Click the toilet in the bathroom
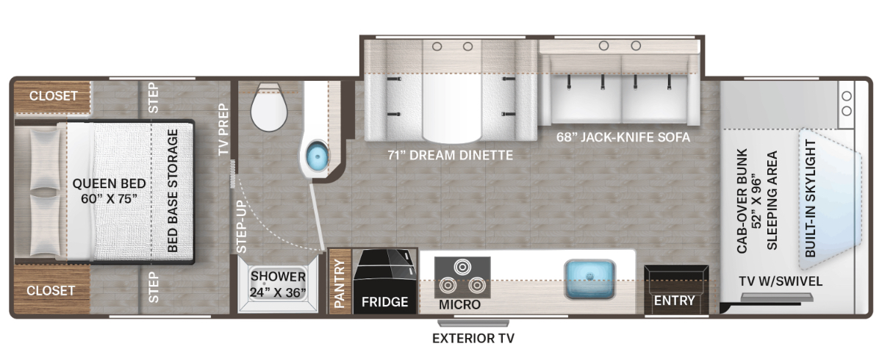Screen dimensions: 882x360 pos(269,107)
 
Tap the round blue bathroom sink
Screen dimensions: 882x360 pos(318,156)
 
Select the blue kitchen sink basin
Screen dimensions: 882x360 pos(589,278)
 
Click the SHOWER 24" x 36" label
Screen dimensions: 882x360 pos(278,284)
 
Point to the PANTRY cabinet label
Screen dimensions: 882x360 pos(340,284)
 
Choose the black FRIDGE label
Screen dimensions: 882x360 pos(384,302)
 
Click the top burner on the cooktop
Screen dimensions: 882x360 pos(462,267)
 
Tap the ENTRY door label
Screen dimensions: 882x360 pos(675,300)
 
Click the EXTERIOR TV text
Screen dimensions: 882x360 pos(473,339)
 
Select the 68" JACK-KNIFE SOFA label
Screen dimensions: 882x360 pos(623,137)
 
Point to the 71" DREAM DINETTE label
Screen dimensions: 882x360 pos(450,156)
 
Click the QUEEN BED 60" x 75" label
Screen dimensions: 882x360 pos(109,191)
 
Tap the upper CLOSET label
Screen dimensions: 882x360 pos(53,96)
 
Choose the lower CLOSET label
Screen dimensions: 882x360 pos(51,291)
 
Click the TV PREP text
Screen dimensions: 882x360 pos(223,129)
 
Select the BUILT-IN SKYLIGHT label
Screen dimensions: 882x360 pos(810,198)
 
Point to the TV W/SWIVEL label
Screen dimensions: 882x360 pos(781,281)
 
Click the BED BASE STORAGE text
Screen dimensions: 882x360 pos(173,191)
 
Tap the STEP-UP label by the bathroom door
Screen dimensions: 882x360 pos(241,227)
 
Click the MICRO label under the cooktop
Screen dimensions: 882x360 pos(460,304)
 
